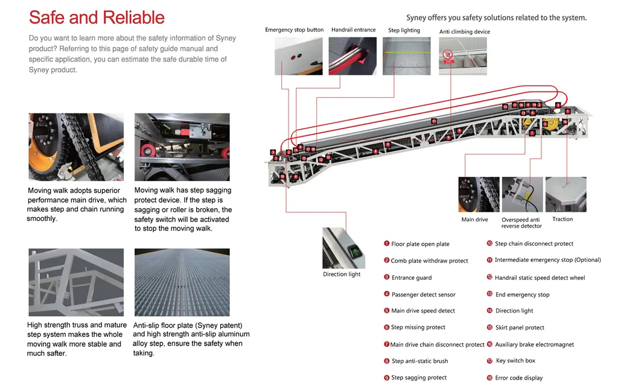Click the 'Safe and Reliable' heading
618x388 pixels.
click(97, 17)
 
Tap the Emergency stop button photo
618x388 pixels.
click(298, 56)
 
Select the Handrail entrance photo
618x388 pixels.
click(354, 56)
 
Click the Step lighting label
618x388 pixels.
click(404, 30)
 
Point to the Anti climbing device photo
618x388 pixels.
click(462, 56)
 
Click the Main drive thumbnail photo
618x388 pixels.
click(479, 194)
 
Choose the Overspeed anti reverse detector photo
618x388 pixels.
click(522, 194)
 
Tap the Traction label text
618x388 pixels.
click(562, 219)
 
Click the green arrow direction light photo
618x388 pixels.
click(343, 248)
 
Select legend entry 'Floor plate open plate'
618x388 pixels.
click(420, 244)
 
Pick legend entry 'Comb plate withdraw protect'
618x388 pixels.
click(429, 261)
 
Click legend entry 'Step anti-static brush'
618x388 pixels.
click(419, 361)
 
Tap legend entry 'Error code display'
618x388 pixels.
click(518, 378)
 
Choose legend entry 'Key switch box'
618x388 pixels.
click(515, 361)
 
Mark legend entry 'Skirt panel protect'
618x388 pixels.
click(520, 328)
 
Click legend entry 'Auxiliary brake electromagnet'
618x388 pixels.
click(534, 345)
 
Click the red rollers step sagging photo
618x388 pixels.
click(182, 147)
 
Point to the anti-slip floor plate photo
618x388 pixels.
click(182, 282)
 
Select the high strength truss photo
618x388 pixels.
click(76, 282)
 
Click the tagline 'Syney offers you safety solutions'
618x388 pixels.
click(496, 17)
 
